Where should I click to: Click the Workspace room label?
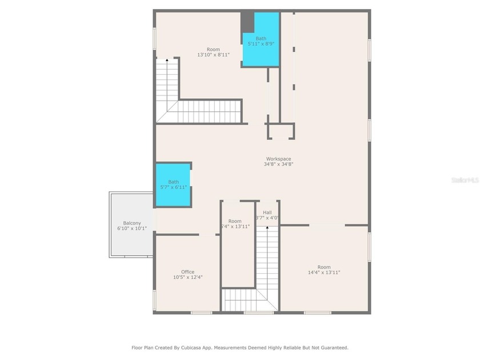[x=278, y=159]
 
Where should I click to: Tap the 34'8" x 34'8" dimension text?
[x=278, y=164]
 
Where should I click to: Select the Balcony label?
[x=132, y=223]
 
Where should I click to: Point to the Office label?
[x=188, y=272]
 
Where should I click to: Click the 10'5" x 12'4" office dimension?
[x=188, y=277]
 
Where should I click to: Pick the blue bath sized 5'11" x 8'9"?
[x=261, y=41]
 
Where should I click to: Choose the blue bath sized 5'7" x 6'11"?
[x=173, y=185]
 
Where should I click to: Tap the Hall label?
[x=267, y=212]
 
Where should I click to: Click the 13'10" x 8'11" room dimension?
[x=213, y=55]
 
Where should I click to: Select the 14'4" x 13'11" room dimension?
[x=324, y=273]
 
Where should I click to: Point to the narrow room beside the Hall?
[x=237, y=246]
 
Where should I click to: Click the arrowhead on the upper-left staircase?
[x=167, y=59]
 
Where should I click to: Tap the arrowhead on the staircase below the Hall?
[x=267, y=227]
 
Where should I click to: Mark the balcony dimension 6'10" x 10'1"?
[x=132, y=229]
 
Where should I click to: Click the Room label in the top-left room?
[x=213, y=50]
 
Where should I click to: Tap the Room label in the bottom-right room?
[x=324, y=267]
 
